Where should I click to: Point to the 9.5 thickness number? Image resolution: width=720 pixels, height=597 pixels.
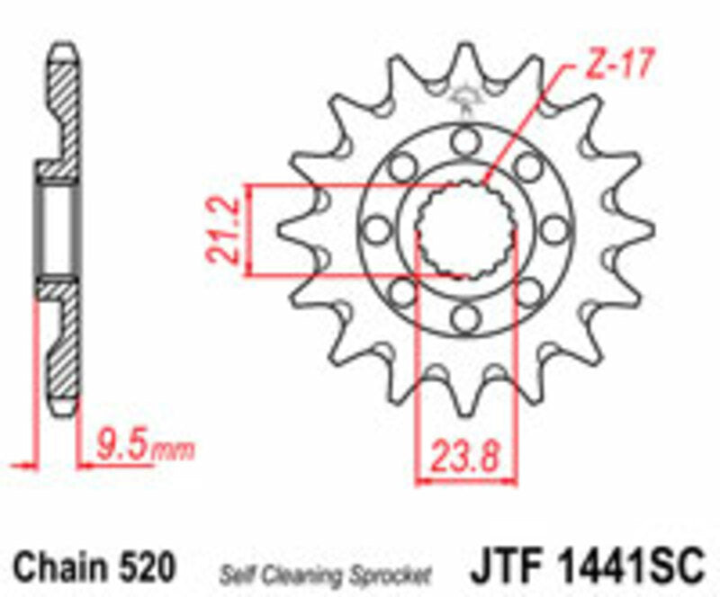(119, 444)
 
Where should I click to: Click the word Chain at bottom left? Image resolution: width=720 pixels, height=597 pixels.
(58, 568)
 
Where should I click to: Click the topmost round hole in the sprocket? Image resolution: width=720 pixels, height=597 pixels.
(464, 140)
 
